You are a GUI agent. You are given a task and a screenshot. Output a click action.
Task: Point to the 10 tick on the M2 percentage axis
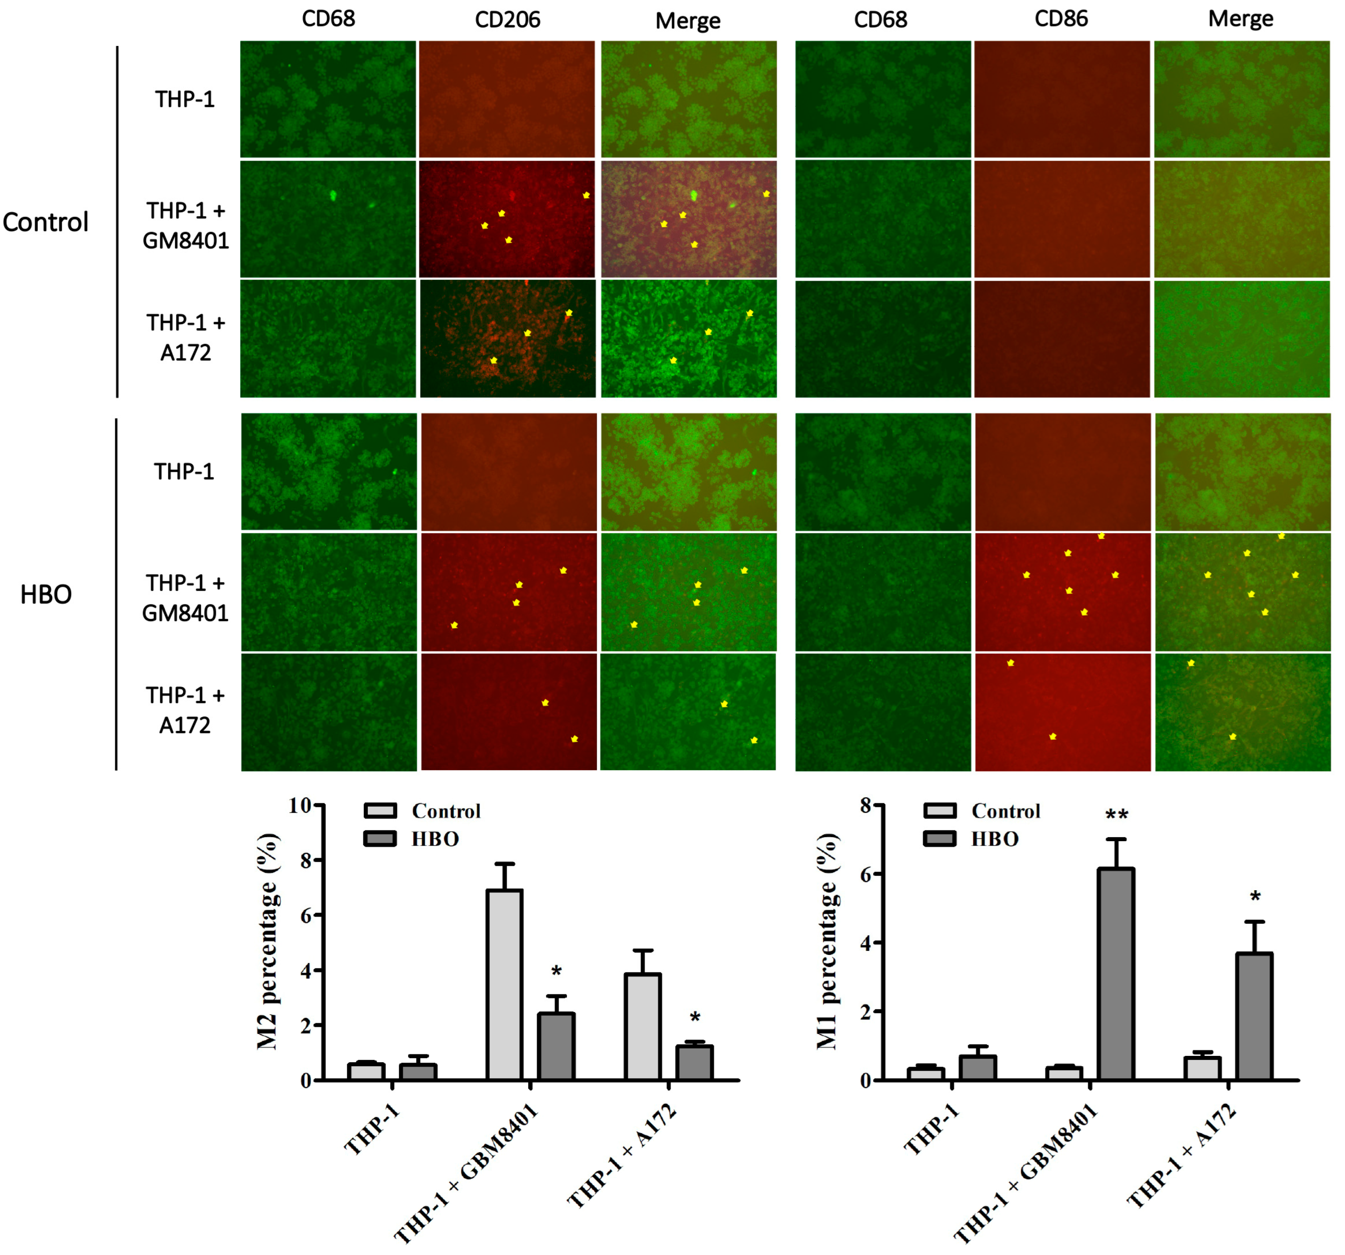[x=300, y=805]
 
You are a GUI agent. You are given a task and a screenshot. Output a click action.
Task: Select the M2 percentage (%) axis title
[x=267, y=941]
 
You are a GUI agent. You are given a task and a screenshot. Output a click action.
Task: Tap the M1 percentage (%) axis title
[x=827, y=941]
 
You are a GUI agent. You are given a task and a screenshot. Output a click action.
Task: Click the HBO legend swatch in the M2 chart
[x=379, y=839]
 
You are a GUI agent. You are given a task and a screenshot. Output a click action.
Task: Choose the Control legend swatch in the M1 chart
[x=939, y=810]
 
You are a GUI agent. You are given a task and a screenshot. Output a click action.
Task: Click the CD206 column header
[x=508, y=19]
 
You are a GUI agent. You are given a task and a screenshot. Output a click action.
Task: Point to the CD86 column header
[x=1061, y=19]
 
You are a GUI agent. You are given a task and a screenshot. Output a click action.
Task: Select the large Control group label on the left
[x=46, y=222]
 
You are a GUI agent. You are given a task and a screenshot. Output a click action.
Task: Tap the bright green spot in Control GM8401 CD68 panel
[x=333, y=196]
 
